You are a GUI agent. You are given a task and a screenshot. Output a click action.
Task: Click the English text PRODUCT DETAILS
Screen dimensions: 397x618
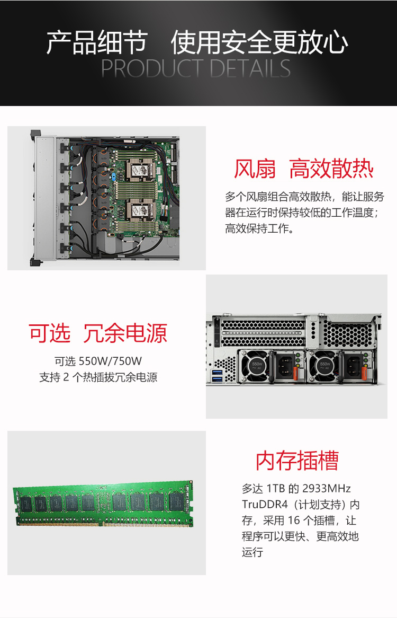[x=196, y=68]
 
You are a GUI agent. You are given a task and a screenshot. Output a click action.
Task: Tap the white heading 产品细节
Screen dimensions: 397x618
[x=97, y=42]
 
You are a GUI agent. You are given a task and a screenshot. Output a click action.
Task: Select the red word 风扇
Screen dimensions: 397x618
[x=255, y=169]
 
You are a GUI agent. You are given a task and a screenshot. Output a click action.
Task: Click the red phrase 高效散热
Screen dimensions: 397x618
[x=331, y=169]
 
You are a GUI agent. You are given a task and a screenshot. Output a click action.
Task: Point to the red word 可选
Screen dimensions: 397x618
[x=50, y=333]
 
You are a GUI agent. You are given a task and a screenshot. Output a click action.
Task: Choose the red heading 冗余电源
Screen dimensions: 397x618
[x=125, y=333]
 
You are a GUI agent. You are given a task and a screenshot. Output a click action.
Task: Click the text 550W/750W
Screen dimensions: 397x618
[x=110, y=361]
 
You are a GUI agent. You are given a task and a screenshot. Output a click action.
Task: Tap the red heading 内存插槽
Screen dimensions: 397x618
[x=297, y=461]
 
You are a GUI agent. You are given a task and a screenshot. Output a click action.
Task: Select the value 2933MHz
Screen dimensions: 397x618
[x=327, y=489]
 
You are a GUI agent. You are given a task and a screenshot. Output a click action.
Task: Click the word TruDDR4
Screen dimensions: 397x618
[x=265, y=505]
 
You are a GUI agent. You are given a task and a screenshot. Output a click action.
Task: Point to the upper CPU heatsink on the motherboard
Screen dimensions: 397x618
[x=139, y=170]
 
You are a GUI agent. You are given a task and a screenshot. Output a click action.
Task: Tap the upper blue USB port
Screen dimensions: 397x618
[x=217, y=372]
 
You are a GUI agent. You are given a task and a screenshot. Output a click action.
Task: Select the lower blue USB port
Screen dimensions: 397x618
[x=217, y=379]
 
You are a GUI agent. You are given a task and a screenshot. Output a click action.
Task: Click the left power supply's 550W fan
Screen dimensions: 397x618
[x=256, y=366]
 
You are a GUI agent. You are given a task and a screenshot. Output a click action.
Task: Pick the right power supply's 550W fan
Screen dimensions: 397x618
[x=324, y=366]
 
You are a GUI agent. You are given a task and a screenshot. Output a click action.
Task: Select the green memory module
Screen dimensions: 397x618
[x=103, y=504]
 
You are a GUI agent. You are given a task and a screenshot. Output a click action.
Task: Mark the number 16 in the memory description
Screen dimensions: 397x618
[x=294, y=520]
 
